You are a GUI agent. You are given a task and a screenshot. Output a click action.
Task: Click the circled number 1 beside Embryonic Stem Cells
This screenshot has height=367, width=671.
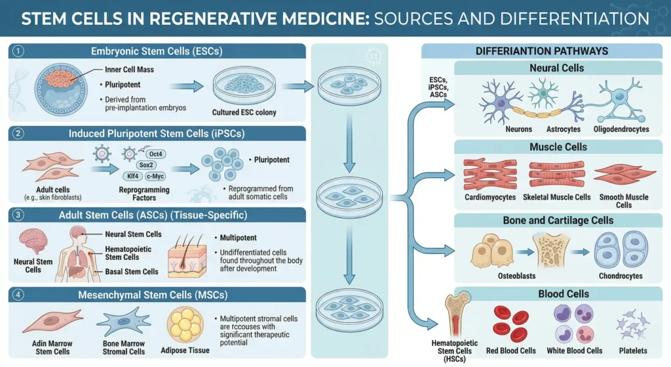point(18,51)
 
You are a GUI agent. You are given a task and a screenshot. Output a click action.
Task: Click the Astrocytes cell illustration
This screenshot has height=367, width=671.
point(543,95)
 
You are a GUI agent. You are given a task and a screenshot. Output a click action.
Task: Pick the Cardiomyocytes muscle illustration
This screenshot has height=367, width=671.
point(489,174)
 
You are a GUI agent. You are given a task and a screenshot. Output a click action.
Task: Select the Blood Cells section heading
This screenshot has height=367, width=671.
point(558,294)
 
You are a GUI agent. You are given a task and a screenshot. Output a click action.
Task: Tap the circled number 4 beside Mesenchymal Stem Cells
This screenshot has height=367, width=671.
point(18,295)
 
